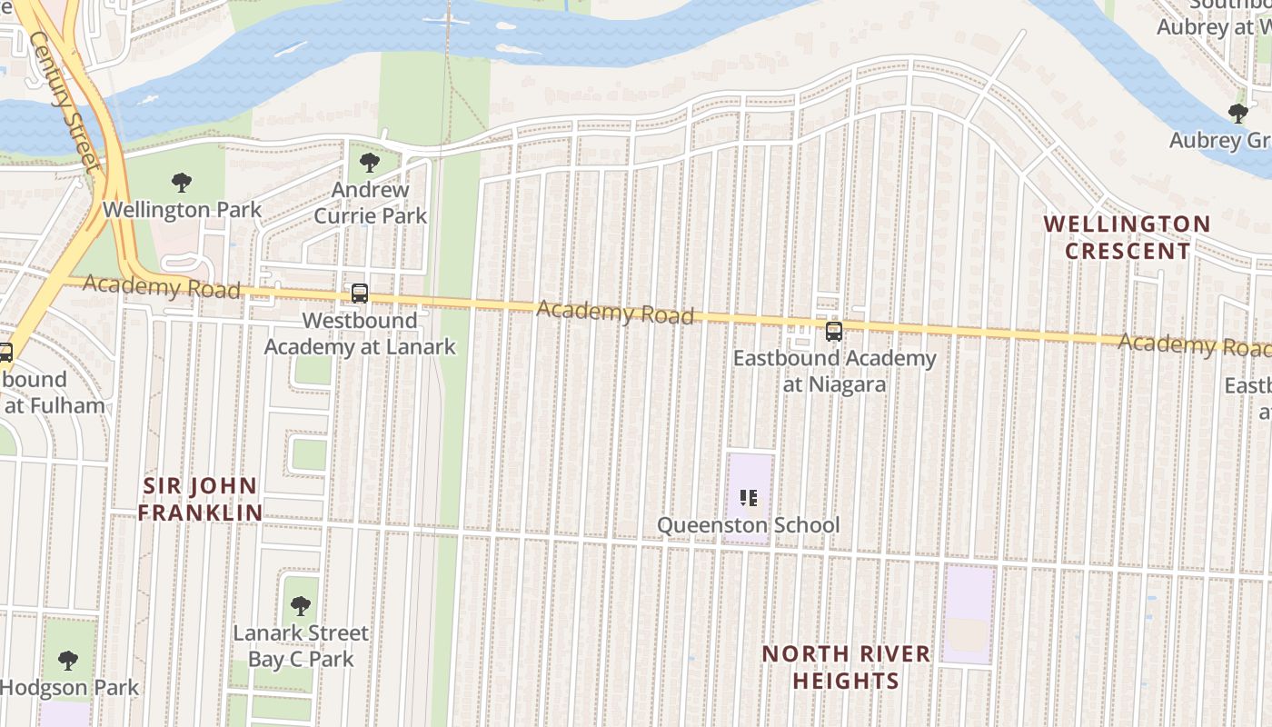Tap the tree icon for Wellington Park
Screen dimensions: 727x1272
[x=182, y=183]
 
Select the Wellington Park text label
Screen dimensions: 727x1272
[x=182, y=210]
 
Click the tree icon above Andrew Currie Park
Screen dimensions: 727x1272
[x=369, y=163]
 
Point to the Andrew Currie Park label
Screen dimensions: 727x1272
[x=370, y=203]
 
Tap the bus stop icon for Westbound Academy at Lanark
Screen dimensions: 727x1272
[x=360, y=294]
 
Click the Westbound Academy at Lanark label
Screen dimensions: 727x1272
[x=360, y=334]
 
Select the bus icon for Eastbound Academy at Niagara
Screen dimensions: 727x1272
[x=834, y=332]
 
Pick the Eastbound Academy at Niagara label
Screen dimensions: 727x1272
[x=834, y=371]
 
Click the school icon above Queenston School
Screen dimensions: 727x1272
[x=749, y=497]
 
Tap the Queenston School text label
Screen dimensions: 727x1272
[x=749, y=525]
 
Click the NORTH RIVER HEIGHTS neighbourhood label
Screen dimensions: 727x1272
[x=846, y=667]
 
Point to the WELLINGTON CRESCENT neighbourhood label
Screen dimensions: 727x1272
[x=1127, y=237]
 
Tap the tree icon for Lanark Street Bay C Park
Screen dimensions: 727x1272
[x=301, y=605]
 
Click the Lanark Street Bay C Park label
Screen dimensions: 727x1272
[x=301, y=645]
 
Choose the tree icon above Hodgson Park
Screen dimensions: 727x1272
[x=68, y=660]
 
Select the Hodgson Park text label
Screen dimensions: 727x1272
[x=70, y=687]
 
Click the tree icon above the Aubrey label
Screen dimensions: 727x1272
[x=1237, y=114]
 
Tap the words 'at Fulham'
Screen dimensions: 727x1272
[x=55, y=405]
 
